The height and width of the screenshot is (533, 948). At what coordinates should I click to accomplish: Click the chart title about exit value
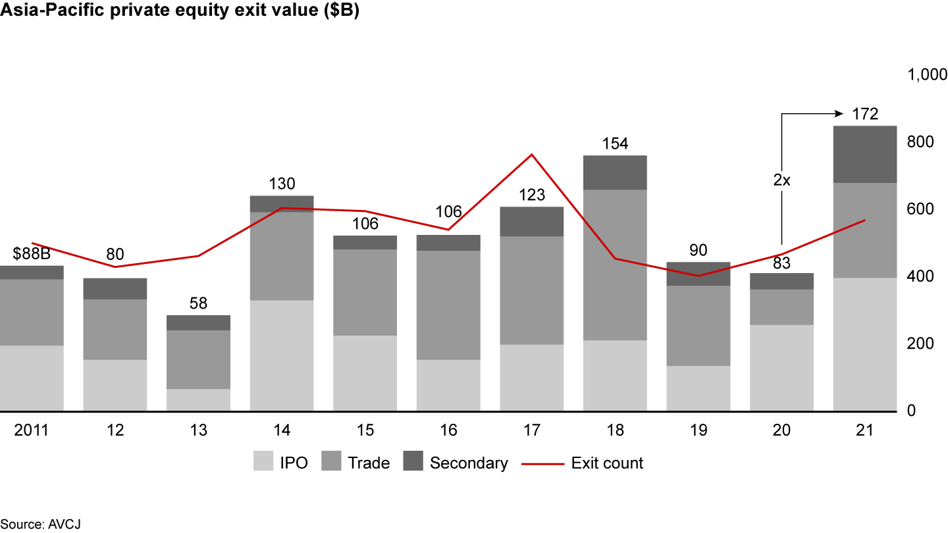(180, 13)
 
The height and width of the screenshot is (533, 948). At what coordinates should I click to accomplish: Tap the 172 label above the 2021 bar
(864, 114)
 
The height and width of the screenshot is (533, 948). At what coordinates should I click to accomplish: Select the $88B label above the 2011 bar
(32, 254)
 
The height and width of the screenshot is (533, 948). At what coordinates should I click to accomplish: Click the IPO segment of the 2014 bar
(282, 355)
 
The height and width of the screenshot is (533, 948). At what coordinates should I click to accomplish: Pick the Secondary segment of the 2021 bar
(864, 154)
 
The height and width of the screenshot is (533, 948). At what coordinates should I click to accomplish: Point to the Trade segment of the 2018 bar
(615, 265)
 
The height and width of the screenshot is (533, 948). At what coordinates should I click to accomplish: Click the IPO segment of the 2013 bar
(198, 400)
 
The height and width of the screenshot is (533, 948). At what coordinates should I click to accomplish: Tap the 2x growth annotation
(781, 180)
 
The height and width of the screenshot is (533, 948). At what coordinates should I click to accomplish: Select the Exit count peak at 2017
(532, 155)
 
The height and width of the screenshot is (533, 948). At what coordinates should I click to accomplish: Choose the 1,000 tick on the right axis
(927, 75)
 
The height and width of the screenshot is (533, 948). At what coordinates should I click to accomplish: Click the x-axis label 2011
(32, 430)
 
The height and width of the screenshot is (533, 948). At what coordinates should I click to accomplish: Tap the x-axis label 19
(698, 430)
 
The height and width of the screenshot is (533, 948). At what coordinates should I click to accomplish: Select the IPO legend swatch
(263, 463)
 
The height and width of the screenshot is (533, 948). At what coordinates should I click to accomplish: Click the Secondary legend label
(469, 463)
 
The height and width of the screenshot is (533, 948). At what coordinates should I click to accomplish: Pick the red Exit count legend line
(543, 463)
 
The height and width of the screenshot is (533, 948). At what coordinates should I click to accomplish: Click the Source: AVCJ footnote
(41, 524)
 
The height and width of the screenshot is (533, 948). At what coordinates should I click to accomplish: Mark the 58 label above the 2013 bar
(198, 303)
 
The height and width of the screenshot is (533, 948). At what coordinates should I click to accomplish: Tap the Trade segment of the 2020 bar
(781, 307)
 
